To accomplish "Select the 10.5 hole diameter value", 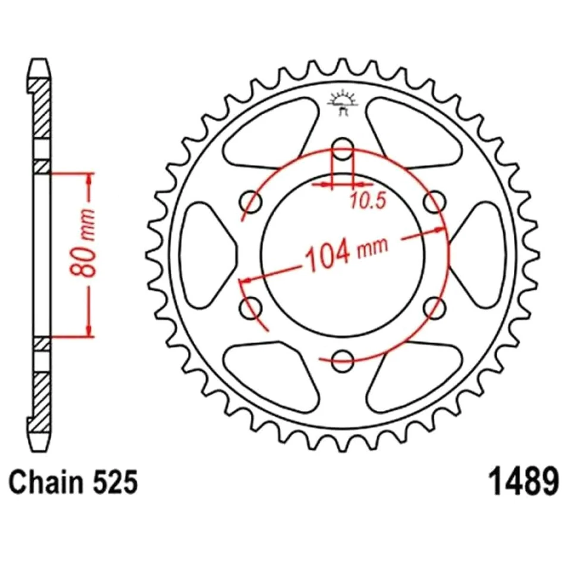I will click(368, 202).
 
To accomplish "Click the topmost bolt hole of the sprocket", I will click(342, 148).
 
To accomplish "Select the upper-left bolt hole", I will click(251, 202).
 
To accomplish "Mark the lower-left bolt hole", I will click(251, 308).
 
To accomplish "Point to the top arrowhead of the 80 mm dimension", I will click(89, 178).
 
